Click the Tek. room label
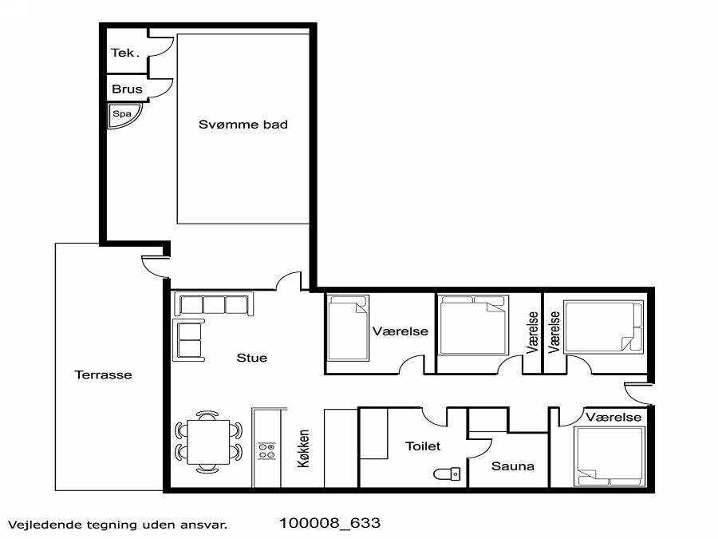pyautogui.click(x=124, y=54)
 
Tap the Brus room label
pyautogui.click(x=127, y=89)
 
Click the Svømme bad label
pyautogui.click(x=243, y=125)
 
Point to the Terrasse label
pyautogui.click(x=103, y=375)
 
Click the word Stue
pyautogui.click(x=252, y=358)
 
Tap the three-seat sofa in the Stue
pyautogui.click(x=213, y=304)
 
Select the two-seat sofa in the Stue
pyautogui.click(x=188, y=340)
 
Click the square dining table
pyautogui.click(x=208, y=442)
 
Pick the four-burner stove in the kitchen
pyautogui.click(x=266, y=450)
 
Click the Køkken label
pyautogui.click(x=303, y=448)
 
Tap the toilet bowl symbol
pyautogui.click(x=447, y=474)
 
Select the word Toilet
pyautogui.click(x=423, y=446)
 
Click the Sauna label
pyautogui.click(x=512, y=466)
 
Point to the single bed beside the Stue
pyautogui.click(x=348, y=328)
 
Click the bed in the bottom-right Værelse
pyautogui.click(x=610, y=456)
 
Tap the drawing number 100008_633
pyautogui.click(x=329, y=523)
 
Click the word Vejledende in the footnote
pyautogui.click(x=45, y=525)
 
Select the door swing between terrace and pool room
pyautogui.click(x=154, y=267)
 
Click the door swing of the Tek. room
pyautogui.click(x=161, y=46)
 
